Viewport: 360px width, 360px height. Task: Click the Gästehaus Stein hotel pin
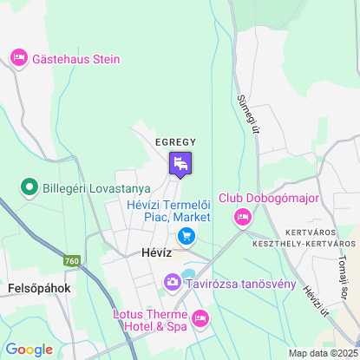tap(18, 59)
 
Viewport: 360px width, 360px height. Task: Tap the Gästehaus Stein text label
tap(75, 60)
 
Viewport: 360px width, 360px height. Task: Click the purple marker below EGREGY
tap(180, 163)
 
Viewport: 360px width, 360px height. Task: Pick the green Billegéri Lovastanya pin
tap(29, 187)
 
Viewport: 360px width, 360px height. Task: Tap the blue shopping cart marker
tap(185, 236)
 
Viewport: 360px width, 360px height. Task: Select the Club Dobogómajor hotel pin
tap(243, 217)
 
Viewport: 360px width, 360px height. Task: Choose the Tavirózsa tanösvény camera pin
tap(173, 283)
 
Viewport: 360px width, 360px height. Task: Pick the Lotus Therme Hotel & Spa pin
tap(200, 320)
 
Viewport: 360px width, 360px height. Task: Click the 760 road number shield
tap(72, 260)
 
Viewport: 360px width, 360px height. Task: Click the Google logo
tap(29, 349)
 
